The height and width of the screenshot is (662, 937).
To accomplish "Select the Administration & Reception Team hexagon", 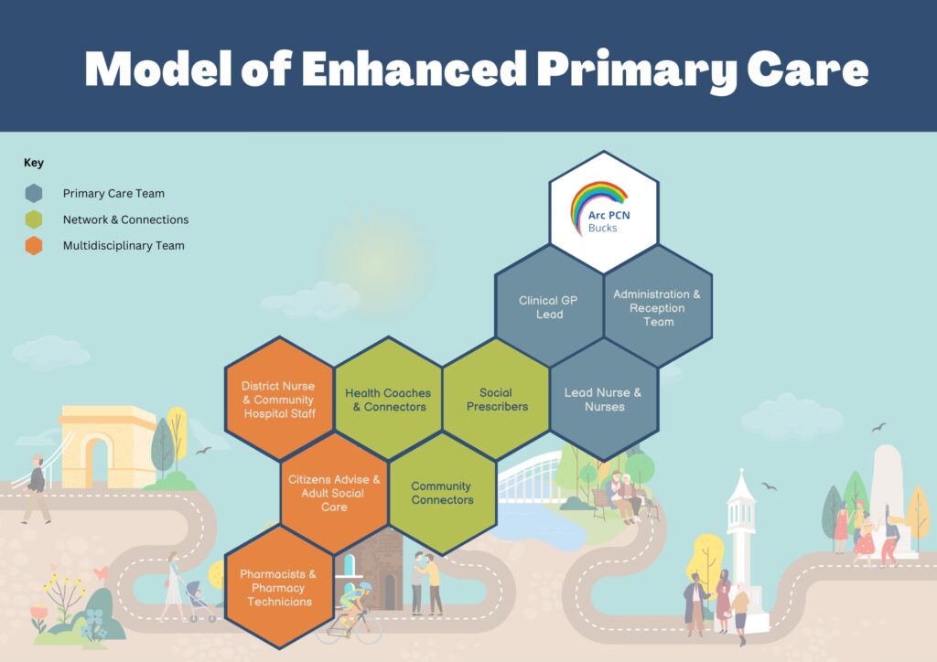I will pos(657,307).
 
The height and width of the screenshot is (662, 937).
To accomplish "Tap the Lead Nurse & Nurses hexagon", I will pos(603,400).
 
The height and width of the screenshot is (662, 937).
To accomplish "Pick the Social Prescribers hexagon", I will pos(496,400).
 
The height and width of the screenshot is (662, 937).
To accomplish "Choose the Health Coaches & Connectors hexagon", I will pos(388,400).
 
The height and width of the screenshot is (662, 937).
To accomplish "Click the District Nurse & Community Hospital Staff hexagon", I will pos(279,400).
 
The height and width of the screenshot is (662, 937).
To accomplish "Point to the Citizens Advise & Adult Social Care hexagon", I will pos(334,493).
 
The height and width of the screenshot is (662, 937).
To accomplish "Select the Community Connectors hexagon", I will pos(442,493).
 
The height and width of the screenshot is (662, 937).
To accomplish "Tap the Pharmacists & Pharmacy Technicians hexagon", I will pos(278,587).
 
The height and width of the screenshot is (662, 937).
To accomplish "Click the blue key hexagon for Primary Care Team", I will pos(34,193).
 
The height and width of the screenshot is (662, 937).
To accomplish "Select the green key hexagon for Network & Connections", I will pos(34,219).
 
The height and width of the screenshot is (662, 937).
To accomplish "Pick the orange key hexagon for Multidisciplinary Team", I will pos(34,245).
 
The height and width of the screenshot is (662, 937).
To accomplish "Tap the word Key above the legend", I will pos(34,163).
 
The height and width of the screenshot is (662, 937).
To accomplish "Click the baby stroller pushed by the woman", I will pos(200,603).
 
